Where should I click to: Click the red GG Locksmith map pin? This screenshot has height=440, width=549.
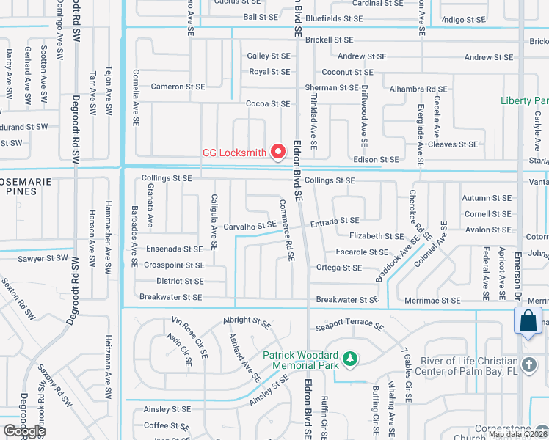pos(278,151)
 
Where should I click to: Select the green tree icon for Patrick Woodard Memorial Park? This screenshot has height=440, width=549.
pos(352,358)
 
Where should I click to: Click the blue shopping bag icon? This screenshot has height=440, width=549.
pos(528,321)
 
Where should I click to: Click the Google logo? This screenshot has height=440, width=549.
pos(24,431)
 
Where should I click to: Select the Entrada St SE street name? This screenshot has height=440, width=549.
pos(335,220)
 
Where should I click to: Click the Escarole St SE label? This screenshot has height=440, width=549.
pos(362,252)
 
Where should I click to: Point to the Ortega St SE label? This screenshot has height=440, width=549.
pos(338,268)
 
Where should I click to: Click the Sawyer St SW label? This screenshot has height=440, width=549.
pos(43,258)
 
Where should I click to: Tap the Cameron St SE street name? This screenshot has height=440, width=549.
pos(178,87)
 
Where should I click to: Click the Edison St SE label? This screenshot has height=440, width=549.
pos(376,159)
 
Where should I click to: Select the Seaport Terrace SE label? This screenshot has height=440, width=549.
pos(349,324)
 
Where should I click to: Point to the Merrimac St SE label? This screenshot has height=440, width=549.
pos(432,301)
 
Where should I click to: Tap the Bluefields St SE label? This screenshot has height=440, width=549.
pos(333,18)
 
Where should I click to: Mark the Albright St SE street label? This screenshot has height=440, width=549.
pos(247,321)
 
